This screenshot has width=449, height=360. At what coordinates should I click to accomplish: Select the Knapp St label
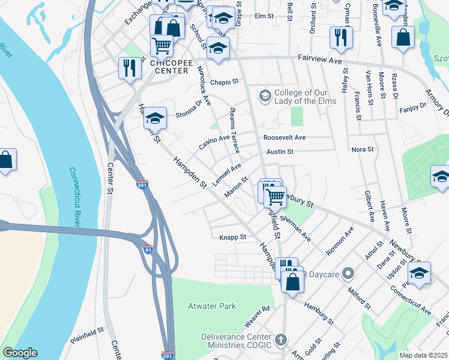(x=233, y=237)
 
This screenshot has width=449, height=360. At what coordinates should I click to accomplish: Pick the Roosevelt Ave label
(x=284, y=137)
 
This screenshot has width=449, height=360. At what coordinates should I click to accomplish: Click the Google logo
(x=20, y=353)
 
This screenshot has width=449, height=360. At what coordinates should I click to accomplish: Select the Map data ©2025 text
(x=423, y=355)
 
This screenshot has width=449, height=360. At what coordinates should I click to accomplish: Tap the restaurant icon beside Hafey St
(x=340, y=37)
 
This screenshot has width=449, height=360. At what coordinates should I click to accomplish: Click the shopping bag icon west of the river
(x=6, y=160)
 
